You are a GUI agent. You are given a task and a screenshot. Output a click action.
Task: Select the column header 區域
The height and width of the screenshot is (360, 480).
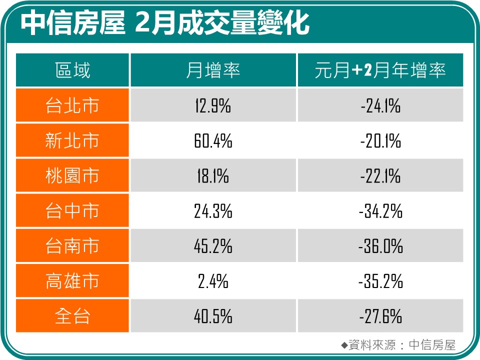pyautogui.click(x=72, y=70)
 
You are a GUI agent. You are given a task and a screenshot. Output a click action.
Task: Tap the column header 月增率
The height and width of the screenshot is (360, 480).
pyautogui.click(x=213, y=70)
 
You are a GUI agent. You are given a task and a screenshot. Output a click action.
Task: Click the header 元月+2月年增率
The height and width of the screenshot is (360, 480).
pyautogui.click(x=380, y=70)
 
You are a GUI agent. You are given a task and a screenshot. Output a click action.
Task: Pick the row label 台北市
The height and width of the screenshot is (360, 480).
pyautogui.click(x=72, y=105)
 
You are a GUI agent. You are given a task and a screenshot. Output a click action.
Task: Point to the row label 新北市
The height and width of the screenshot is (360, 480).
pyautogui.click(x=72, y=141)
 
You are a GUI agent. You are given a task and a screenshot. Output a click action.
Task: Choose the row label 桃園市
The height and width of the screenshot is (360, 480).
pyautogui.click(x=72, y=176)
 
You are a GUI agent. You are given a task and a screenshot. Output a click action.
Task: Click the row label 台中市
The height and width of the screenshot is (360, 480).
pyautogui.click(x=72, y=211)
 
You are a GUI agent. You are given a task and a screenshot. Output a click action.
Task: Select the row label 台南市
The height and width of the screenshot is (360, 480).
pyautogui.click(x=72, y=246)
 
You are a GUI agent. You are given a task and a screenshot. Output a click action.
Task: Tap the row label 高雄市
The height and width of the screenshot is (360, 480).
pyautogui.click(x=72, y=281)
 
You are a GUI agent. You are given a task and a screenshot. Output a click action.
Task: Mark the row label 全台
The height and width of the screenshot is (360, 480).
pyautogui.click(x=72, y=316)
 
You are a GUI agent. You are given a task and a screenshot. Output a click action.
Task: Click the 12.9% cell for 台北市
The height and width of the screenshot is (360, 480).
pyautogui.click(x=213, y=106)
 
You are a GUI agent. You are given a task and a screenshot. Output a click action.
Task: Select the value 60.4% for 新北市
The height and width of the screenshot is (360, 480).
pyautogui.click(x=213, y=141)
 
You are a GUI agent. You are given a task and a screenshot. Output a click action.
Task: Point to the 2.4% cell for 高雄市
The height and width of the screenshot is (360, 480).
pyautogui.click(x=213, y=281)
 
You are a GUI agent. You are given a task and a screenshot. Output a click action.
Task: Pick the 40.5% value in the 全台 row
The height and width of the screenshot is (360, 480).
pyautogui.click(x=213, y=316)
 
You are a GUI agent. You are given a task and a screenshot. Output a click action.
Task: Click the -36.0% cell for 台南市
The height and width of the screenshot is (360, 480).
pyautogui.click(x=380, y=246)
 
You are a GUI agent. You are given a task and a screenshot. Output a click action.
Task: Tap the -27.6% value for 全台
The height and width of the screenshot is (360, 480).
pyautogui.click(x=380, y=316)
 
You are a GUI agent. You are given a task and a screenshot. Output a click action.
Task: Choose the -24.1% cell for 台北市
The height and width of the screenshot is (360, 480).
pyautogui.click(x=380, y=106)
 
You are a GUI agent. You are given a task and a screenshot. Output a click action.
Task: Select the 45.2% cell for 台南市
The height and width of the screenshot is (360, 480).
pyautogui.click(x=213, y=246)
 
